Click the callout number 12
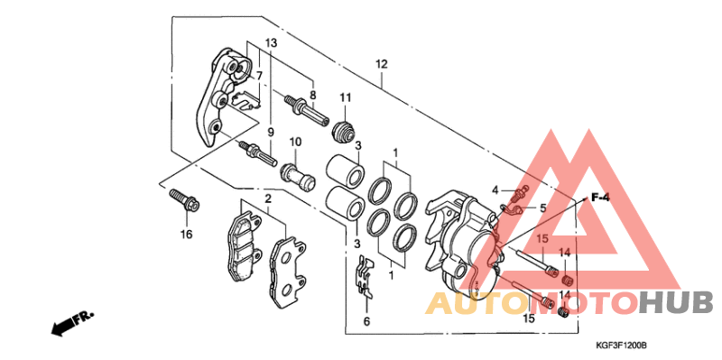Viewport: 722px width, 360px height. [x=381, y=64]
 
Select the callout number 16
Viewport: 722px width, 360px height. [x=186, y=235]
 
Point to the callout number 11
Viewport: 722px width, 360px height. [x=346, y=97]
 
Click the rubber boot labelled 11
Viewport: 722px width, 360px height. [x=344, y=130]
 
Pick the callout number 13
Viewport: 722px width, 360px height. [x=272, y=43]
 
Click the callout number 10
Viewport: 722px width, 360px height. [x=295, y=142]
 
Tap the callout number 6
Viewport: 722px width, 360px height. [x=366, y=322]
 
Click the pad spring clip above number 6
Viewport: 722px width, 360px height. [x=366, y=277]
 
